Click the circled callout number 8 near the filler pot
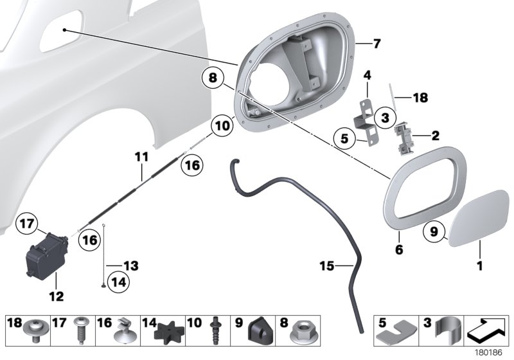pos(213,80)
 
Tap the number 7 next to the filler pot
pos(377,44)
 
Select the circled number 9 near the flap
pos(434,230)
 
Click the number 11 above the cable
pos(141,156)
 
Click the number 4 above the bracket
pos(368,76)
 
